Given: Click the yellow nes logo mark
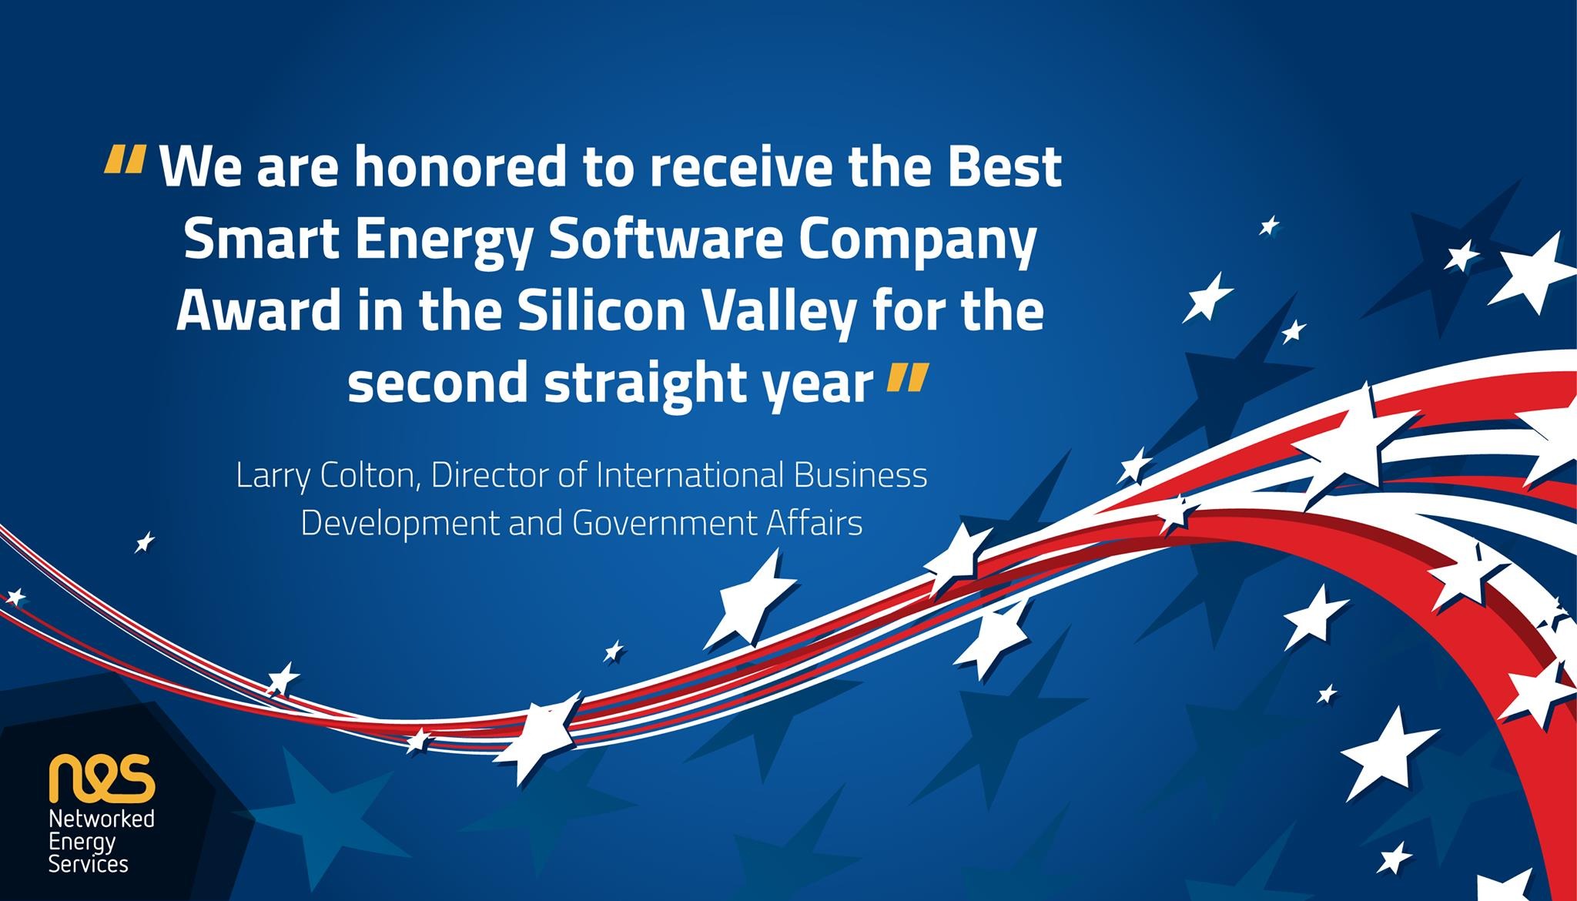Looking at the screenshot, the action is [x=102, y=778].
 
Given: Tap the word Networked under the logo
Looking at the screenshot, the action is [x=102, y=818].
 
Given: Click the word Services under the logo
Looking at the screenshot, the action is [x=89, y=864].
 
